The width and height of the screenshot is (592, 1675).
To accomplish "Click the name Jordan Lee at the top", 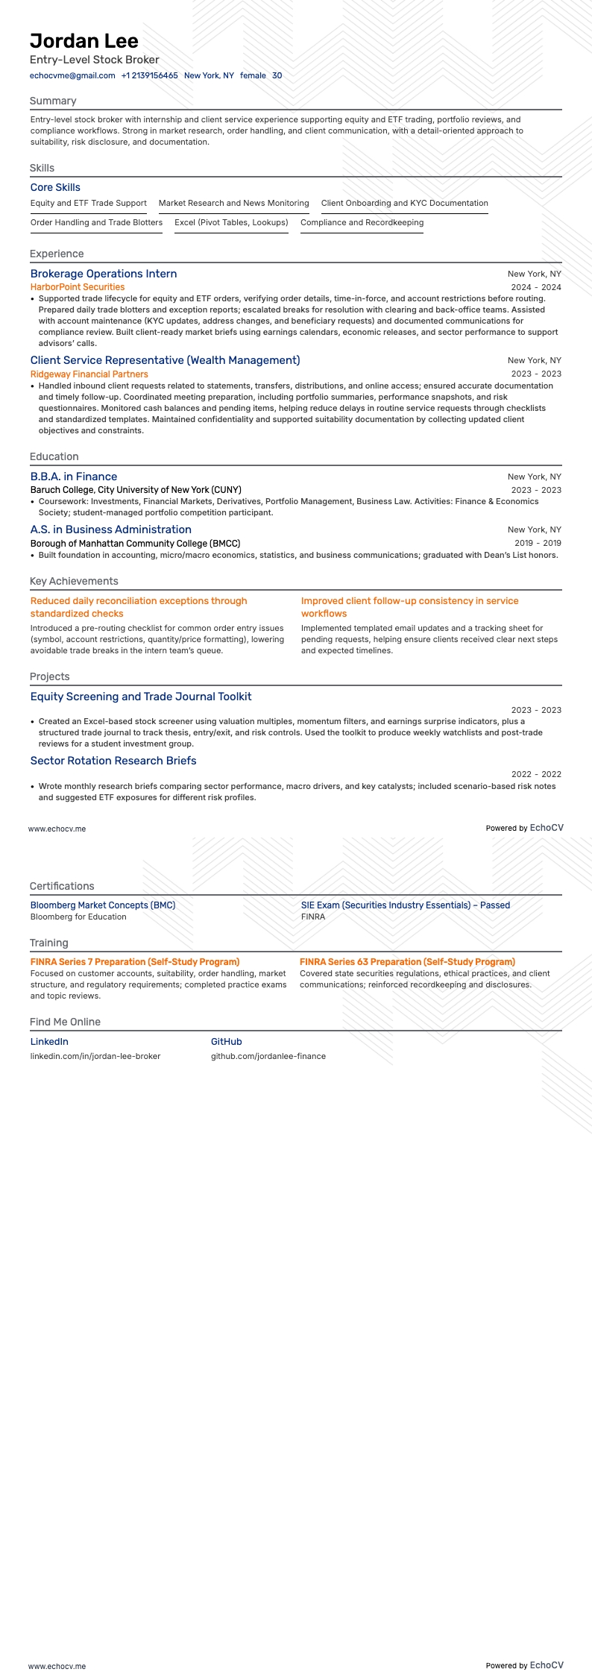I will tap(84, 40).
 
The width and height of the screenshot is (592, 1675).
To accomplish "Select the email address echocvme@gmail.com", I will tap(72, 75).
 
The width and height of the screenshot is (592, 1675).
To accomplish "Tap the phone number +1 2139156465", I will tap(149, 75).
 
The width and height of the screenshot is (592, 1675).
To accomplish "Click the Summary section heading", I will tap(53, 101).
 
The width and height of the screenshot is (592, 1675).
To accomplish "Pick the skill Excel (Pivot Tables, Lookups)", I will tap(231, 222).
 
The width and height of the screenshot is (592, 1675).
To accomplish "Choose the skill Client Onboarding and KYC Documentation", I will tap(404, 203).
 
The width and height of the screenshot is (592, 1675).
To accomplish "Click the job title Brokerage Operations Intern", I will tap(104, 274).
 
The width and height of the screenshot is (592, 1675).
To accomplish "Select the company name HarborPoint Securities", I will tap(78, 287).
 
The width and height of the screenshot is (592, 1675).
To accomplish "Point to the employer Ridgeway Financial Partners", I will tap(89, 374).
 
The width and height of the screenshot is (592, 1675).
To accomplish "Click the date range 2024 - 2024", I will tap(535, 287).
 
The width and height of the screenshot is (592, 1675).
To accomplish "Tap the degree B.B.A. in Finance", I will tap(74, 477).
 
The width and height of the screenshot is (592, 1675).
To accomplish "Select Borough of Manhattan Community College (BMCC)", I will tap(135, 544).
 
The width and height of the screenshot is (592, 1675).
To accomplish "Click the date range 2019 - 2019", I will tap(538, 544).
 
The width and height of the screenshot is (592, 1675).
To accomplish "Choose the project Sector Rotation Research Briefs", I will tap(113, 761).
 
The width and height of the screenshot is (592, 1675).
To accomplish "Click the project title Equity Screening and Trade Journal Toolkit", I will tap(141, 697).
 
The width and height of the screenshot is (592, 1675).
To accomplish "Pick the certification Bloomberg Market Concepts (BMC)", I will tap(103, 905).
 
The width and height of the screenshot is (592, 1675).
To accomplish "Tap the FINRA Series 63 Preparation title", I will tap(407, 962).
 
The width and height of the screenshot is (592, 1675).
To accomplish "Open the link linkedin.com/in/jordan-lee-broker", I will tap(95, 1056).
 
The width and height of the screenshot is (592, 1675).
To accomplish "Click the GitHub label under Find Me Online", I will tap(226, 1042).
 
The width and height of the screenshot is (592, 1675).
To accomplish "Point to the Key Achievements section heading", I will tap(74, 581).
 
